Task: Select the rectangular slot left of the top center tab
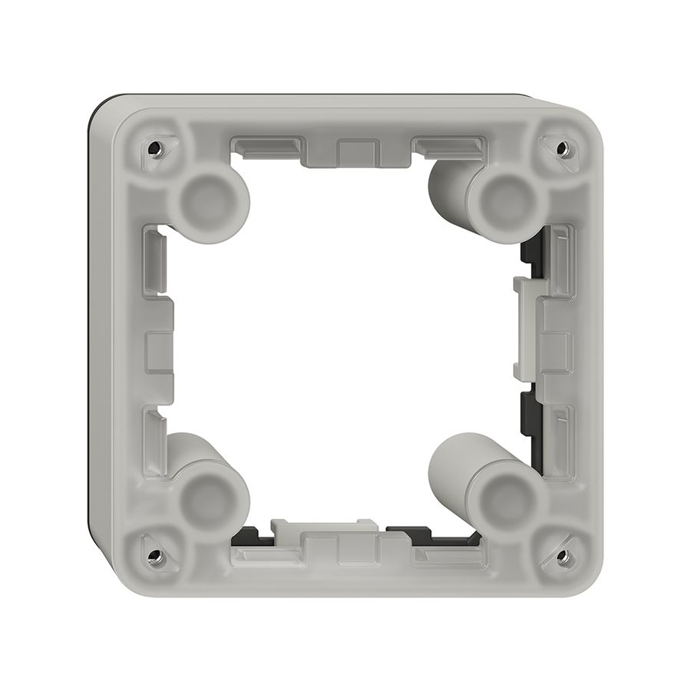tap(265, 145)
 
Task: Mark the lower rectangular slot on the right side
tap(560, 434)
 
